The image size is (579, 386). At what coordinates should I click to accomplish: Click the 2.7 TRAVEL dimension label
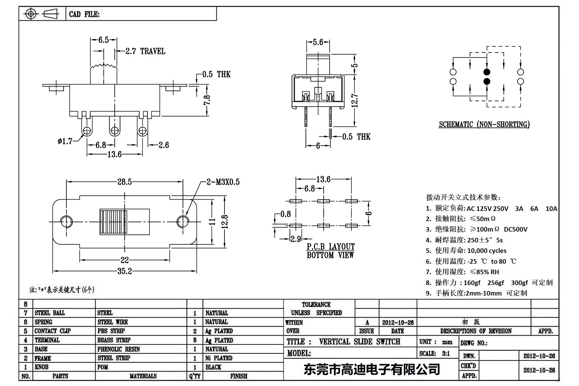pyautogui.click(x=145, y=51)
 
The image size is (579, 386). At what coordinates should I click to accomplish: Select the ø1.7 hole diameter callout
pyautogui.click(x=65, y=141)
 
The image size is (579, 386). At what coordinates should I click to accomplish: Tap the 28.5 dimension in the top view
pyautogui.click(x=125, y=182)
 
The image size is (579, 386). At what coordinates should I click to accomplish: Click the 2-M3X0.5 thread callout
pyautogui.click(x=223, y=182)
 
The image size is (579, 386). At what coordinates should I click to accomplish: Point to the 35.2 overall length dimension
pyautogui.click(x=125, y=271)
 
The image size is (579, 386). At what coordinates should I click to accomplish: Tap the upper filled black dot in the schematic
pyautogui.click(x=487, y=72)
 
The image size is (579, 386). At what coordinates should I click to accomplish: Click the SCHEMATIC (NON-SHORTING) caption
pyautogui.click(x=484, y=124)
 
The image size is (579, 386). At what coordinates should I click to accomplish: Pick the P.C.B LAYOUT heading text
pyautogui.click(x=331, y=246)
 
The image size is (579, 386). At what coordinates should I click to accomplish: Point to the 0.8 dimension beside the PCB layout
pyautogui.click(x=285, y=214)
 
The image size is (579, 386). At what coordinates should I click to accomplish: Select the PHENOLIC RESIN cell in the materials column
pyautogui.click(x=119, y=349)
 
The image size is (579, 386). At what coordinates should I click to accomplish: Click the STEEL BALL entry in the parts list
pyautogui.click(x=50, y=313)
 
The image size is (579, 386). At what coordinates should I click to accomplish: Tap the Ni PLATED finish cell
pyautogui.click(x=218, y=358)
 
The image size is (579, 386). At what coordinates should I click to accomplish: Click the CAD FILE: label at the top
pyautogui.click(x=84, y=14)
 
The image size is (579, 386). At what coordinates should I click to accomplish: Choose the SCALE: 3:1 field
pyautogui.click(x=434, y=354)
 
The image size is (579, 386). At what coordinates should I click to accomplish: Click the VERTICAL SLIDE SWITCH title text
pyautogui.click(x=359, y=342)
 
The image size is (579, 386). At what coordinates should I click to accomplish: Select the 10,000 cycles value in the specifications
pyautogui.click(x=487, y=251)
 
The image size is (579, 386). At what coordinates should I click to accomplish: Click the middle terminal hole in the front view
pyautogui.click(x=114, y=130)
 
